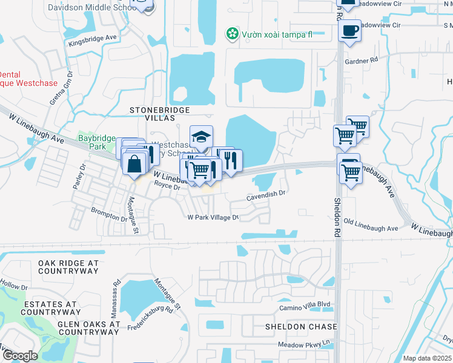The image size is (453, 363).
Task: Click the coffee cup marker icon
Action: click(x=350, y=30)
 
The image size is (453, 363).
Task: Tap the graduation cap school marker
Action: click(x=201, y=137)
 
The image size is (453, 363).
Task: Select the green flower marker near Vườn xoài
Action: click(x=231, y=33)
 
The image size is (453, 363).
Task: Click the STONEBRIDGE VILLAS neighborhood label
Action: click(x=160, y=110)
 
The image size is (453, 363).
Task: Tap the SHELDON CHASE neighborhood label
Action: click(x=300, y=327)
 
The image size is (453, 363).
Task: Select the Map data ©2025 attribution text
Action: click(x=427, y=358)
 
